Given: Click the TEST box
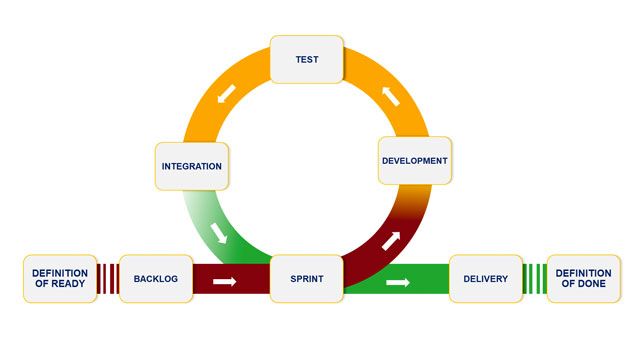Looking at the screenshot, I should click(x=307, y=59).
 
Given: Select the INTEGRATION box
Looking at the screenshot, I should click(x=191, y=165).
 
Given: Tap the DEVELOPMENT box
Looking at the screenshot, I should click(x=415, y=160).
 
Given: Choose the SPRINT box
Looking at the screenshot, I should click(x=307, y=279).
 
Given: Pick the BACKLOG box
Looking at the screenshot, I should click(x=155, y=279).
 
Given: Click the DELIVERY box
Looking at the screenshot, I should click(x=485, y=279).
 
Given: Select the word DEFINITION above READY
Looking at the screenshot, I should click(x=60, y=273).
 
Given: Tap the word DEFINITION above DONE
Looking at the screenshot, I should click(x=584, y=273).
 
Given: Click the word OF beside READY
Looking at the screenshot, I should click(x=40, y=285).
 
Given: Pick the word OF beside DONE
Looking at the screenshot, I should click(x=566, y=285).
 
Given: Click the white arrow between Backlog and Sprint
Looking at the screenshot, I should click(x=225, y=281).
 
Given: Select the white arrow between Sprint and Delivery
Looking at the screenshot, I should click(x=399, y=282).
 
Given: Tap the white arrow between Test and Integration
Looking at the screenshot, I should click(x=228, y=93).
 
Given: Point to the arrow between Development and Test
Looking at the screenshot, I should click(x=389, y=98).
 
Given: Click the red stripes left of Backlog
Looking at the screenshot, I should click(x=108, y=279).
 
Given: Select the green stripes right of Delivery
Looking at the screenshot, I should click(x=535, y=279).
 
